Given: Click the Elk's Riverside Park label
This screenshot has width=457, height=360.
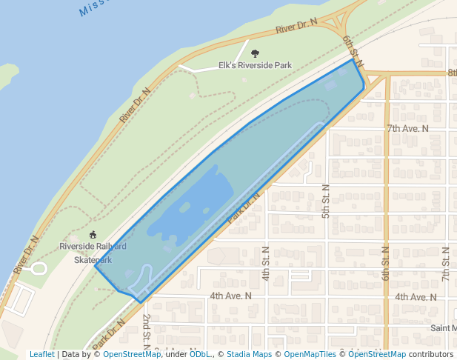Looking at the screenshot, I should pos(255,65).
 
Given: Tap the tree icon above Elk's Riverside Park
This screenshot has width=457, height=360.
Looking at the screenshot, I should pos(256,53).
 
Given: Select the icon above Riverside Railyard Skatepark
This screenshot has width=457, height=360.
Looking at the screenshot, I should pos(93,236).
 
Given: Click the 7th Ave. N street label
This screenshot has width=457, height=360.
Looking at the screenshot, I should pos(407,128).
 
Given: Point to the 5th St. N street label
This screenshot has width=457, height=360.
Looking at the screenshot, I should pos(325,201).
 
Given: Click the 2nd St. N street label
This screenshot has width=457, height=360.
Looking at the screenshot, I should pos(147,326).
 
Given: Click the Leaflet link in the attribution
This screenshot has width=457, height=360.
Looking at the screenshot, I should pos(41,354).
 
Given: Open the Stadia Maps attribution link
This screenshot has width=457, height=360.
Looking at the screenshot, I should pos(249,354).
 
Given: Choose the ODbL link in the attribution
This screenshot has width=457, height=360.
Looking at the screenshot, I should pos(200,354).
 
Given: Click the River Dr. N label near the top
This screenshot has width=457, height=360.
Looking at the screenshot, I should pos(296,27).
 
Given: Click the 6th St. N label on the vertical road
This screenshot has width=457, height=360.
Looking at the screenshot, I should pos(386,263).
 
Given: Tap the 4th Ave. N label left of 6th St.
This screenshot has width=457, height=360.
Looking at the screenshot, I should pos(230,296).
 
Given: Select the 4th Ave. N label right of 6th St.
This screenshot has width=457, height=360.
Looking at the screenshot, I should pos(416,296).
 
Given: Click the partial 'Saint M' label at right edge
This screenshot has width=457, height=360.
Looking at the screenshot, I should pos(443,327).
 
